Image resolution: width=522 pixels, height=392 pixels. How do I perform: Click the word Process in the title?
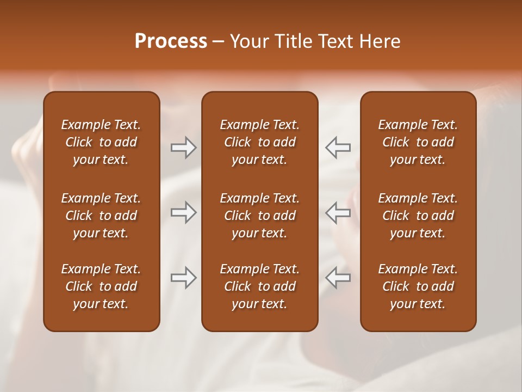pyautogui.click(x=171, y=41)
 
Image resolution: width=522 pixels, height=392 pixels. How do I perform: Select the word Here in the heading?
pyautogui.click(x=379, y=41)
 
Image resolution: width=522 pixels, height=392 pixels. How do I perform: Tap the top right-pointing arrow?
pyautogui.click(x=183, y=148)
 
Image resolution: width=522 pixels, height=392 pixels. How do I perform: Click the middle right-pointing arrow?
pyautogui.click(x=183, y=212)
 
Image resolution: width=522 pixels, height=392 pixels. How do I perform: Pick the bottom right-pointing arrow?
pyautogui.click(x=183, y=278)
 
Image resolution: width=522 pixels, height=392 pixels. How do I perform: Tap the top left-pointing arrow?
pyautogui.click(x=338, y=148)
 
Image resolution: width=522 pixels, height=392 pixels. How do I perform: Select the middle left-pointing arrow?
pyautogui.click(x=338, y=212)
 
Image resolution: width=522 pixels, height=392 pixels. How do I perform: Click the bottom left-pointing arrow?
pyautogui.click(x=338, y=278)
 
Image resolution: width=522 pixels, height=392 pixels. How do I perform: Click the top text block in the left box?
pyautogui.click(x=101, y=142)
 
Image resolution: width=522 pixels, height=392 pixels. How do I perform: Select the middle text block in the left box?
pyautogui.click(x=101, y=216)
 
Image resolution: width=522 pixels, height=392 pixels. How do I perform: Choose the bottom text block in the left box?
pyautogui.click(x=101, y=286)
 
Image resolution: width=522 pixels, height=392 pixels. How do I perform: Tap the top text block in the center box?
pyautogui.click(x=259, y=142)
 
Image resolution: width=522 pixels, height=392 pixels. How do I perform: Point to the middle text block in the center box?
pyautogui.click(x=259, y=216)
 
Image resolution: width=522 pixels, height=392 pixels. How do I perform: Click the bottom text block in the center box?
pyautogui.click(x=259, y=286)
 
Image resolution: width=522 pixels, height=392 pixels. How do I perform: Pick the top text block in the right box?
pyautogui.click(x=418, y=142)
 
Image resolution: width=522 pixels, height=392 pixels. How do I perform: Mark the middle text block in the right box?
pyautogui.click(x=418, y=216)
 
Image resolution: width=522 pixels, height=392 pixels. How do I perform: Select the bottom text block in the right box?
pyautogui.click(x=418, y=286)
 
